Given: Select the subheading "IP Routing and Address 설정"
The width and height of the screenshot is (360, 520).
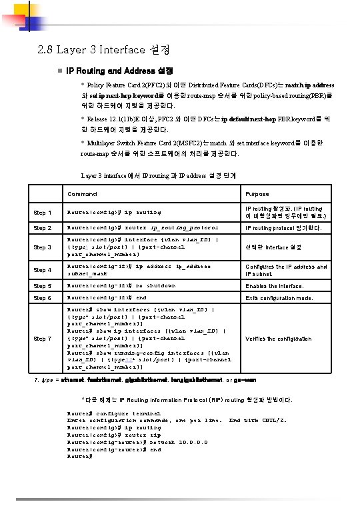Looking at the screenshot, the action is tap(119, 71).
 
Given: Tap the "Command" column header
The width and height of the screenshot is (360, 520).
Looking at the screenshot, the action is tap(82, 194).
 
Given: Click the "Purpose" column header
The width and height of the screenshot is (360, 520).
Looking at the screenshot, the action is tap(257, 194).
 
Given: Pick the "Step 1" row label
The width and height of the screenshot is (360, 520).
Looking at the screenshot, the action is tap(43, 213).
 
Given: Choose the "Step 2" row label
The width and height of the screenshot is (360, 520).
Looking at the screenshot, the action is tap(43, 229).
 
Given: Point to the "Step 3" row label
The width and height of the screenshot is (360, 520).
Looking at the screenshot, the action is tap(43, 247).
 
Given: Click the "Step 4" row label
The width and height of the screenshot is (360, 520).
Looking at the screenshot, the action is tap(43, 270).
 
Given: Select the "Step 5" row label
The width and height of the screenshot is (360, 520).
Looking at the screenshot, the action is tap(43, 286).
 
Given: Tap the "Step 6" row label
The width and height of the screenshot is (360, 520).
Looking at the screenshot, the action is tap(43, 298).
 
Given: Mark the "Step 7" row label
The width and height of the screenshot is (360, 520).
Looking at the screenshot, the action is tap(43, 339).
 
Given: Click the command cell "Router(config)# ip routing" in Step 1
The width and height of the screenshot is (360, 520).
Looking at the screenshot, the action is tap(114, 213).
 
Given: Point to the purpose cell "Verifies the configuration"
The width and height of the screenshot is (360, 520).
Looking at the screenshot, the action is tap(278, 339).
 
